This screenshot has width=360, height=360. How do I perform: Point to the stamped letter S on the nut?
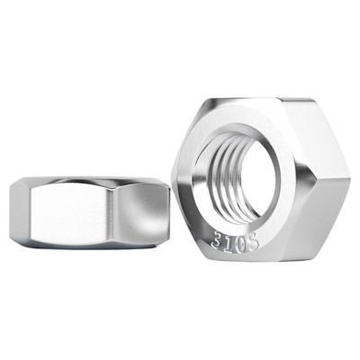tap(252, 243)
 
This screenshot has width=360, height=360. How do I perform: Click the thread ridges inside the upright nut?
tap(228, 174)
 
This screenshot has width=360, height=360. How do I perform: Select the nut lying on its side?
tap(89, 212)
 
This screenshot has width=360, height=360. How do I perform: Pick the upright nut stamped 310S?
tap(260, 179)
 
